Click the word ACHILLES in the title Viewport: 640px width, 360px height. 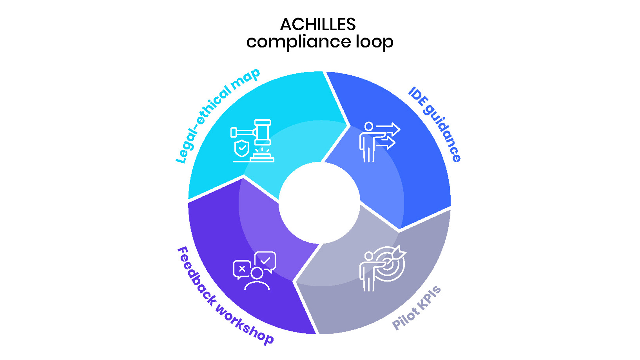pyautogui.click(x=318, y=24)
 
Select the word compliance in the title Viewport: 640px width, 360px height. pyautogui.click(x=299, y=42)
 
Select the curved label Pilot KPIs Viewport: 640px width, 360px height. pyautogui.click(x=416, y=308)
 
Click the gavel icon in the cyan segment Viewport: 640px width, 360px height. pyautogui.click(x=252, y=133)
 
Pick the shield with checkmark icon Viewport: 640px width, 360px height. pyautogui.click(x=242, y=148)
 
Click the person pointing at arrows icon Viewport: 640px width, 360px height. pyautogui.click(x=379, y=142)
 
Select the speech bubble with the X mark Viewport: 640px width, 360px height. pyautogui.click(x=242, y=269)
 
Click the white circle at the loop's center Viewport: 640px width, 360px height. pyautogui.click(x=319, y=203)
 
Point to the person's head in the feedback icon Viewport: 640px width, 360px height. pyautogui.click(x=257, y=273)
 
